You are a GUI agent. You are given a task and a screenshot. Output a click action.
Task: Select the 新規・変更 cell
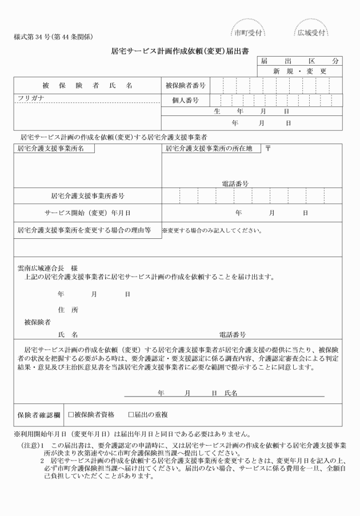299,71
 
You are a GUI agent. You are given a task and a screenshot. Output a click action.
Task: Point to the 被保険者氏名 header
87,85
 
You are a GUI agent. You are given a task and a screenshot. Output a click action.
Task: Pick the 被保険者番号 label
185,85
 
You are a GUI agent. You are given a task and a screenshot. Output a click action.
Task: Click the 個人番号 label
185,100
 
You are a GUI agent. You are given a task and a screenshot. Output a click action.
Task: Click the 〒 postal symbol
268,149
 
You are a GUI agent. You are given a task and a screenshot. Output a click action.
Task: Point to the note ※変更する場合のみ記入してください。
211,231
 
